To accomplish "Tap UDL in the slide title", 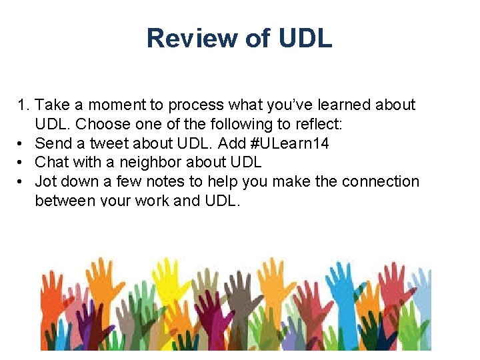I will pyautogui.click(x=305, y=39).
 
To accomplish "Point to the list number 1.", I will pyautogui.click(x=24, y=105).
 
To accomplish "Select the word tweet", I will pyautogui.click(x=111, y=143).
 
